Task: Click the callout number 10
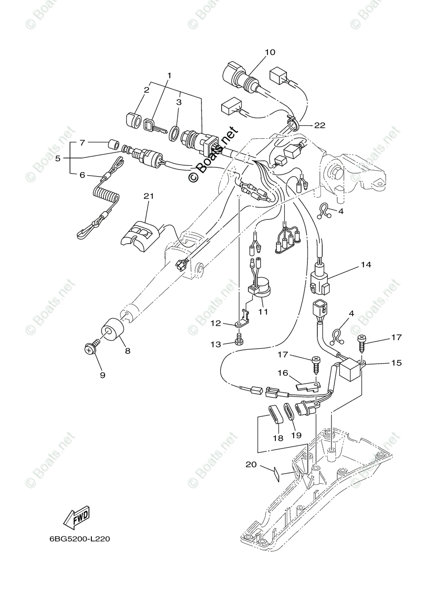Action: [270, 52]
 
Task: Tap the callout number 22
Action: [319, 125]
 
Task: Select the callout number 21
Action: [149, 196]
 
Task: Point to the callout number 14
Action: [365, 265]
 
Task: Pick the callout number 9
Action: [103, 375]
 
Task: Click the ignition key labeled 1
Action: [153, 127]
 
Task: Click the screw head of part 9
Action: [89, 349]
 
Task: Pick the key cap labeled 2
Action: [133, 120]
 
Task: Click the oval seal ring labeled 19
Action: [289, 410]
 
